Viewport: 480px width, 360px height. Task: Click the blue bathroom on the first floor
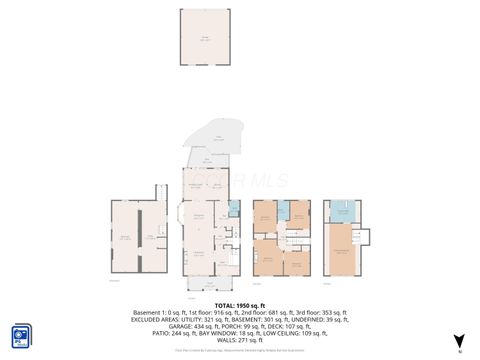[234, 209]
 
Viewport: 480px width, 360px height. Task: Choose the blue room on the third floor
[340, 211]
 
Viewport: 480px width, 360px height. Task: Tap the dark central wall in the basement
[141, 236]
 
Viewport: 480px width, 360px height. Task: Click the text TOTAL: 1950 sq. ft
[239, 305]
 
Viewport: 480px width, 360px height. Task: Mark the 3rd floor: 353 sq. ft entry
[320, 312]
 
